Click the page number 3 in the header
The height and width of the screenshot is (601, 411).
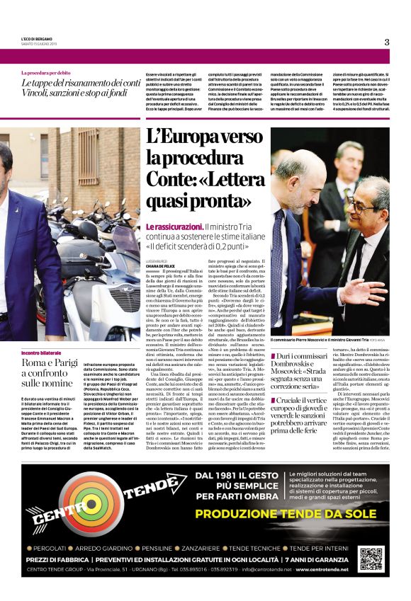[x=387, y=42]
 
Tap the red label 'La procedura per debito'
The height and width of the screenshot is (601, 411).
[x=45, y=72]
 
